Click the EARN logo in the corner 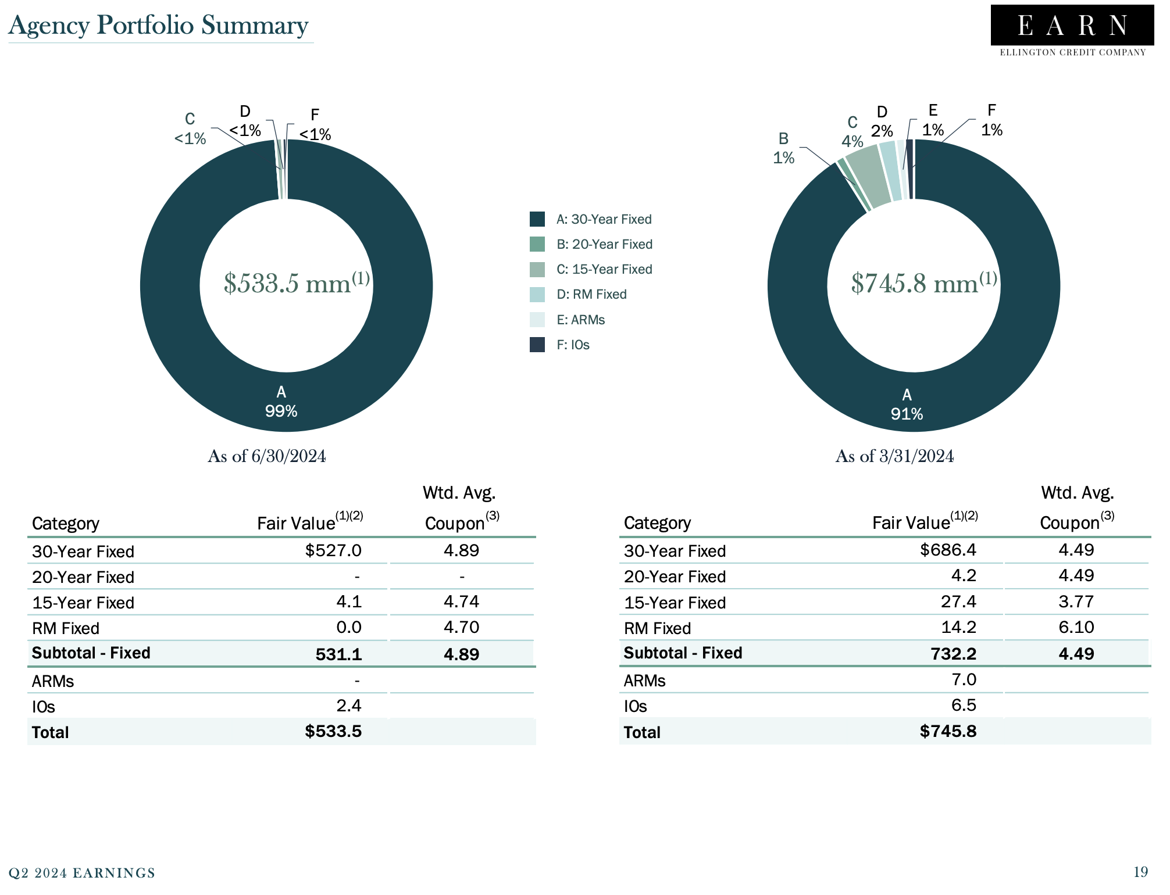point(1072,31)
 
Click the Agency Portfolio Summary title point(158,26)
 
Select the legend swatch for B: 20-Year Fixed point(537,244)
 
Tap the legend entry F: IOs point(573,345)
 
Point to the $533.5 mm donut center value point(296,283)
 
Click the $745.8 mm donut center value point(923,283)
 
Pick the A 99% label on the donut point(281,402)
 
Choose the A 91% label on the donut point(907,404)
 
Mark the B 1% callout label point(783,148)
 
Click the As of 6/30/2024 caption point(266,456)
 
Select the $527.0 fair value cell point(333,550)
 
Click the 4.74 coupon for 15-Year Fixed point(461,602)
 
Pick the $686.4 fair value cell point(948,550)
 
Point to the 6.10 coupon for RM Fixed point(1076,627)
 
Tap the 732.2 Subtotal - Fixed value point(953,654)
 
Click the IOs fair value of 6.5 point(963,705)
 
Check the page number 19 point(1140,872)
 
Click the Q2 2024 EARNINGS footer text point(82,873)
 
